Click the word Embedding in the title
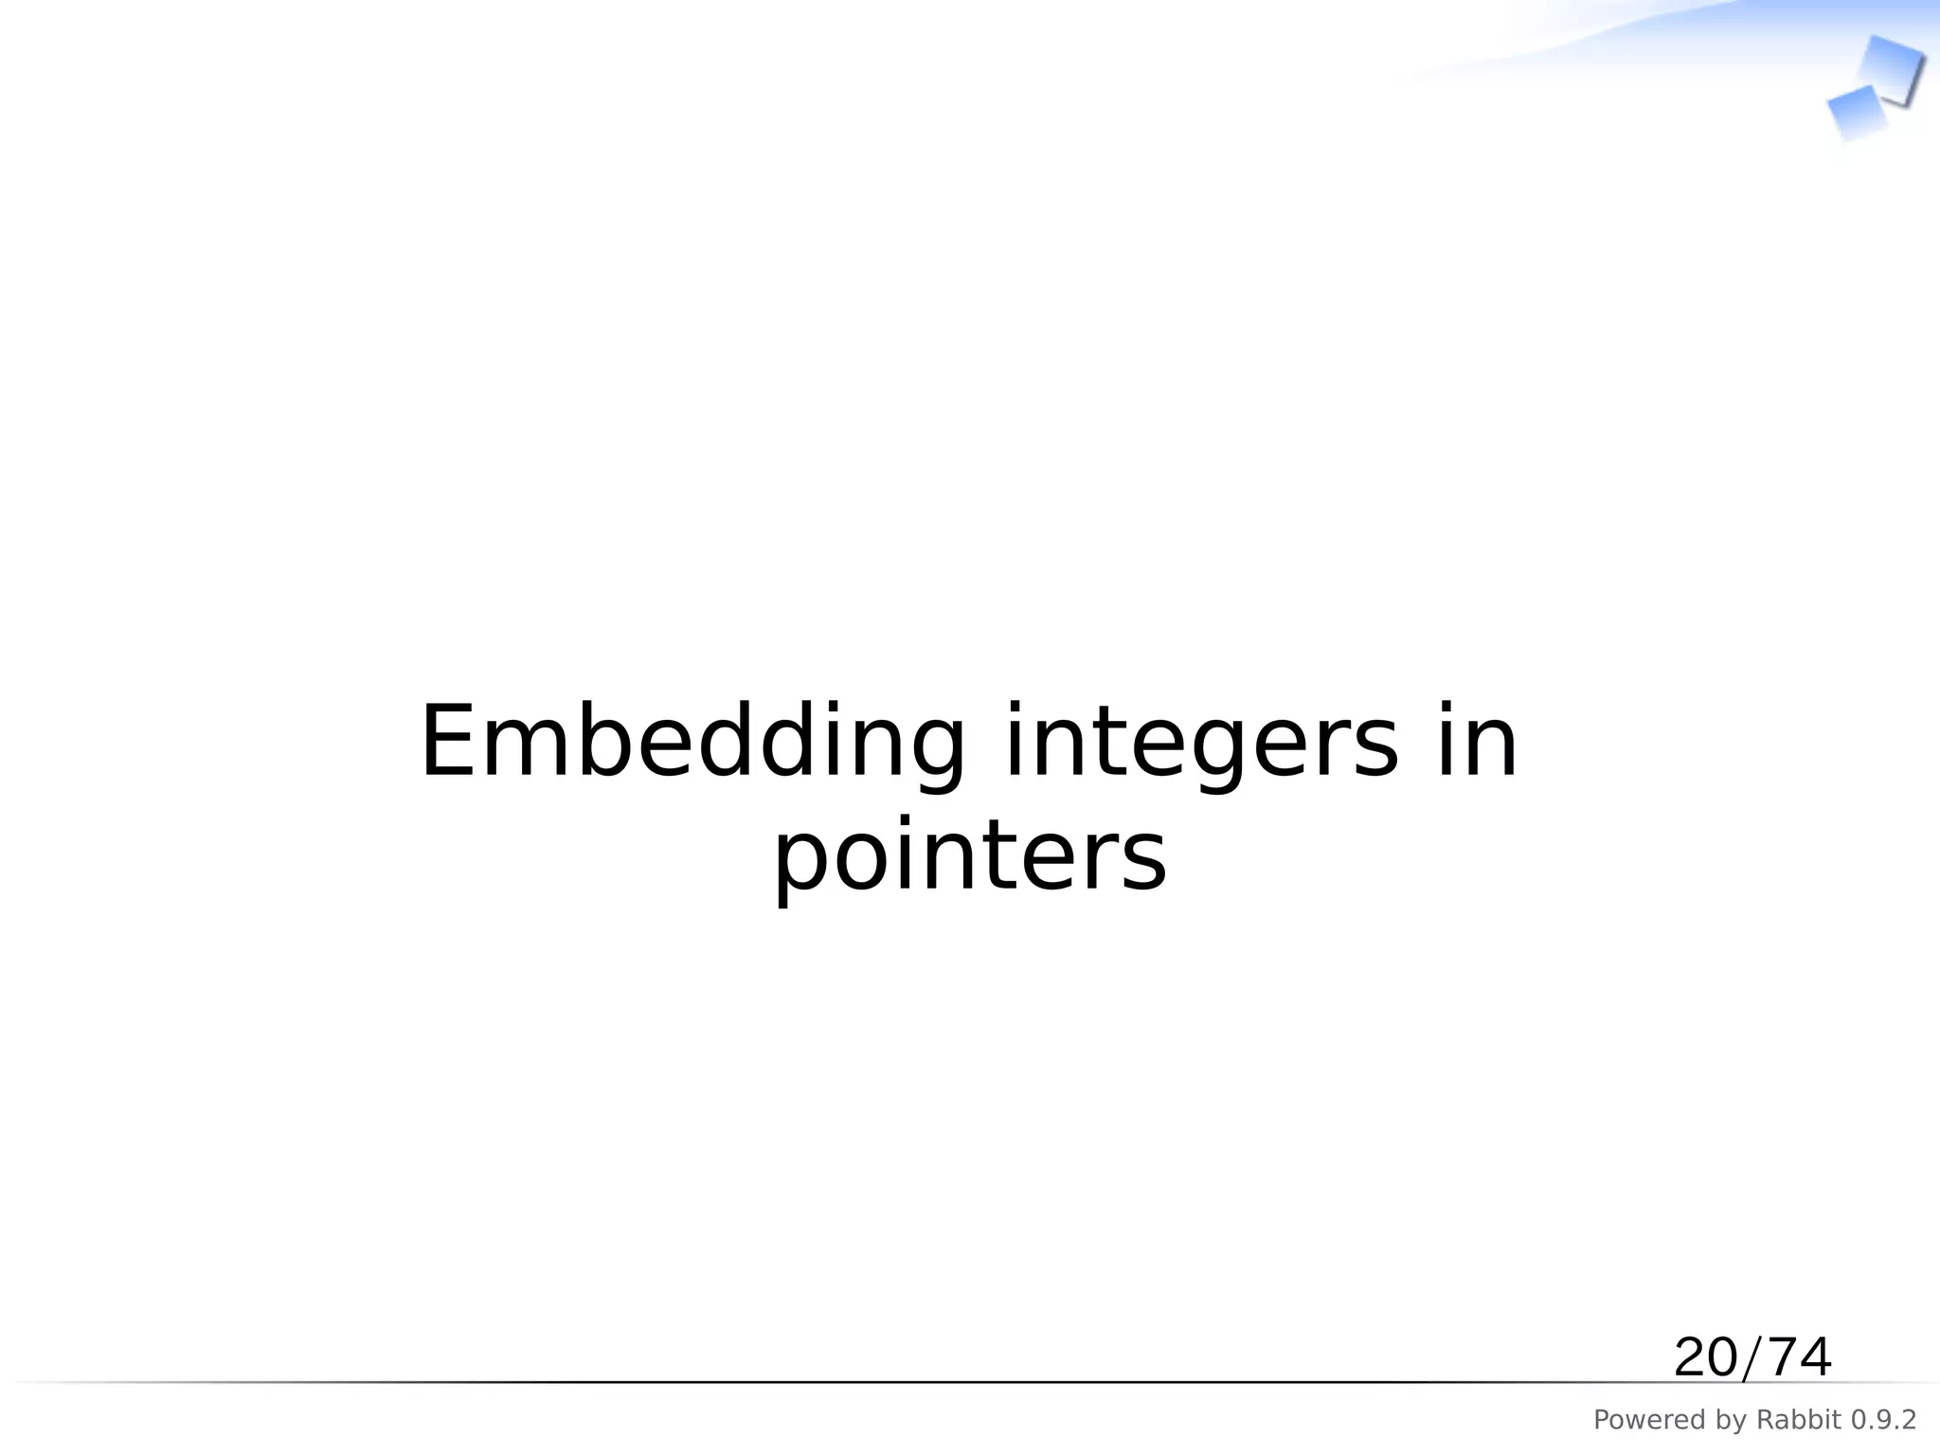tap(692, 745)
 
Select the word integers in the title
tap(1200, 745)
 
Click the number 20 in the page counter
tap(1706, 1357)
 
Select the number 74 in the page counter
tap(1798, 1357)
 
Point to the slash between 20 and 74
tap(1752, 1358)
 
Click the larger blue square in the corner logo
tap(1890, 68)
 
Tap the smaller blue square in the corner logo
tap(1856, 113)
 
